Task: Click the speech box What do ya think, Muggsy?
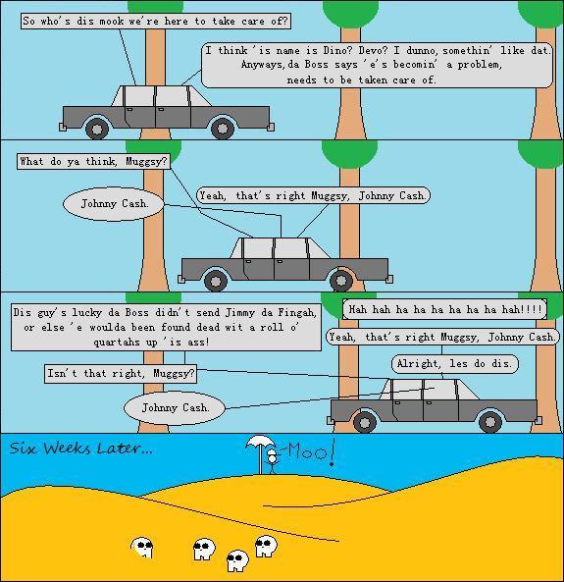[x=93, y=162]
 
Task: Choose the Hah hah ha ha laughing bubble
[x=444, y=309]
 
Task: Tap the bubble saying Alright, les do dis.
[x=455, y=363]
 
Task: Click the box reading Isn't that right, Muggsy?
[x=121, y=373]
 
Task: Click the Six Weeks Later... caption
[x=80, y=448]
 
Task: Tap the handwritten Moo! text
[x=311, y=451]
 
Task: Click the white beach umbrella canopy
[x=261, y=442]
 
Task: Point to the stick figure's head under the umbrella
[x=273, y=452]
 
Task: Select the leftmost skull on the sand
[x=142, y=547]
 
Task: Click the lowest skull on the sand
[x=237, y=560]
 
